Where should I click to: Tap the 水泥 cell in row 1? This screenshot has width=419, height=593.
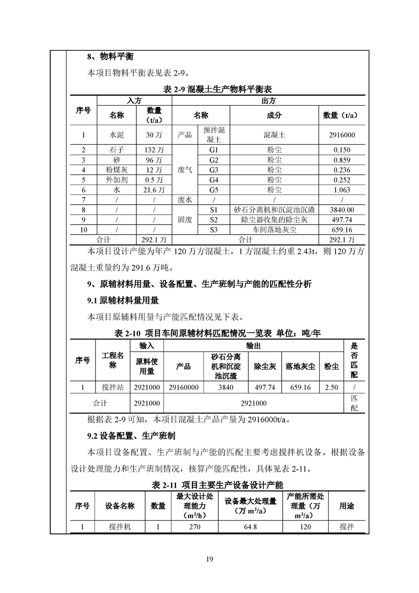click(117, 135)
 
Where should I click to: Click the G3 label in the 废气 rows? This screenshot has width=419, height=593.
click(214, 170)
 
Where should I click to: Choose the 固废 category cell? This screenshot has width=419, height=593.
click(185, 220)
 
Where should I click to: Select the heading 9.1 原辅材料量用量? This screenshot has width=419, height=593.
click(123, 301)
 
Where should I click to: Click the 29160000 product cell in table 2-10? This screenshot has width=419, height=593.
click(183, 387)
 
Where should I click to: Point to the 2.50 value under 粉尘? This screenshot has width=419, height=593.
click(331, 387)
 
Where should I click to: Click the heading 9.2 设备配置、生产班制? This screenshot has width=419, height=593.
click(131, 437)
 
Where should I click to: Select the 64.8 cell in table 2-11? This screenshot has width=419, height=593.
click(250, 527)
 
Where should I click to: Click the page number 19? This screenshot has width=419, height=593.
click(209, 560)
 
